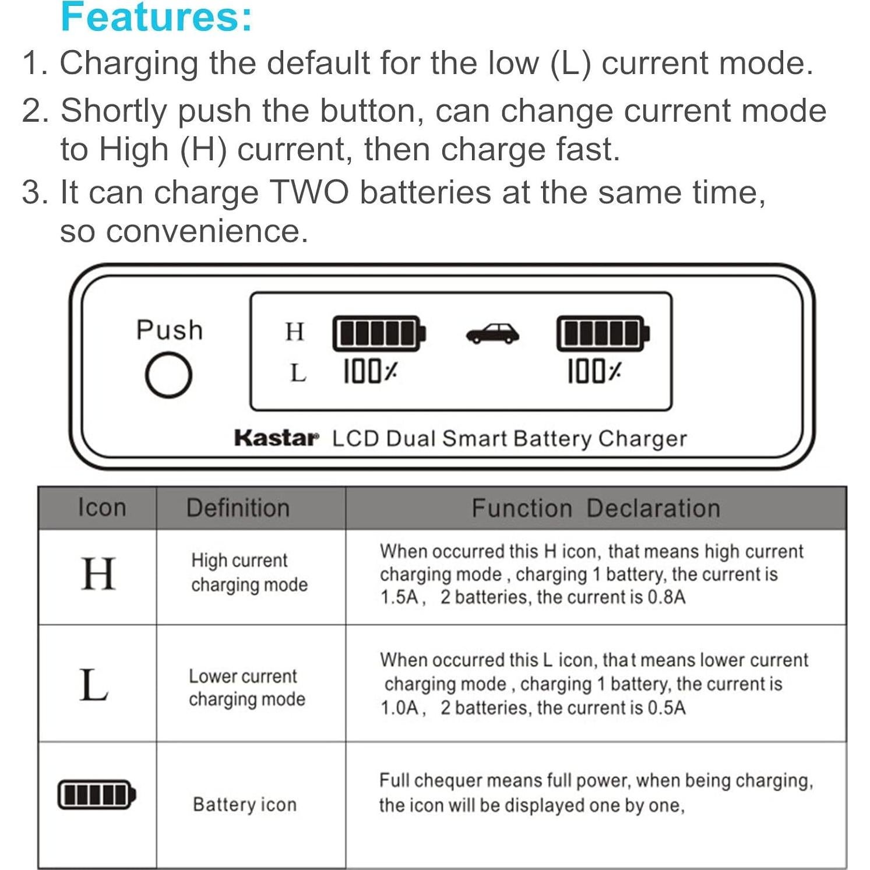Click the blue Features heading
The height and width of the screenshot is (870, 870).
coord(156,17)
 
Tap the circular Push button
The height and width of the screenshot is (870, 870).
coord(168,375)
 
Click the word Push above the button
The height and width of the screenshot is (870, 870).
coord(170,330)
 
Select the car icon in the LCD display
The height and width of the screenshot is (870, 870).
coord(492,334)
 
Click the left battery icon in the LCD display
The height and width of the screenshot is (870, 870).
coord(379,334)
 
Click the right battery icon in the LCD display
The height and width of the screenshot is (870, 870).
coord(603,334)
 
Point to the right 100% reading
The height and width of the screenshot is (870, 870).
coord(594,371)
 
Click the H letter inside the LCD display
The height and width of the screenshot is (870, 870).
coord(295,332)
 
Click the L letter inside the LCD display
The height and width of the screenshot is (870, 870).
coord(298,373)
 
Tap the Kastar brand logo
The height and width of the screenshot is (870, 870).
coord(276,438)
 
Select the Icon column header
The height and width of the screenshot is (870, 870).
coord(102,508)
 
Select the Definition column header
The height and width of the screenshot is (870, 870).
coord(238,508)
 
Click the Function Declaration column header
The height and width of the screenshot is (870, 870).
coord(596,508)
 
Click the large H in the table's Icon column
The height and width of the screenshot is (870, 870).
coord(98,574)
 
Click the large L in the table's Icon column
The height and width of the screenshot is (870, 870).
coord(94,685)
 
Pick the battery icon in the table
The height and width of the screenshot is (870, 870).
coord(97,794)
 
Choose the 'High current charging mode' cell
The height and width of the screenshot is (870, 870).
coord(249,573)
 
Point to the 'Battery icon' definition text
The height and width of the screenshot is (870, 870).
coord(245,805)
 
